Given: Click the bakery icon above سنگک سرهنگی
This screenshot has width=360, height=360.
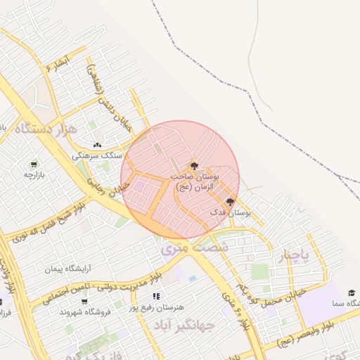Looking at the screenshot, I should (x=97, y=145).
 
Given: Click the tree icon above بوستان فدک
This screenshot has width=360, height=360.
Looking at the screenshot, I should (x=230, y=202).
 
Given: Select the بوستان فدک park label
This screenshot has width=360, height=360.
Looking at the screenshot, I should (x=231, y=212).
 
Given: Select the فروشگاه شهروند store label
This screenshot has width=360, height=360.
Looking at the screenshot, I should (x=83, y=311).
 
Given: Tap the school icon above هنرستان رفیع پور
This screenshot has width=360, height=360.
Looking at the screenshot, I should (x=156, y=297).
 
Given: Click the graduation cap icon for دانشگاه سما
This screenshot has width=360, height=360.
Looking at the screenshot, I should (x=351, y=292).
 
